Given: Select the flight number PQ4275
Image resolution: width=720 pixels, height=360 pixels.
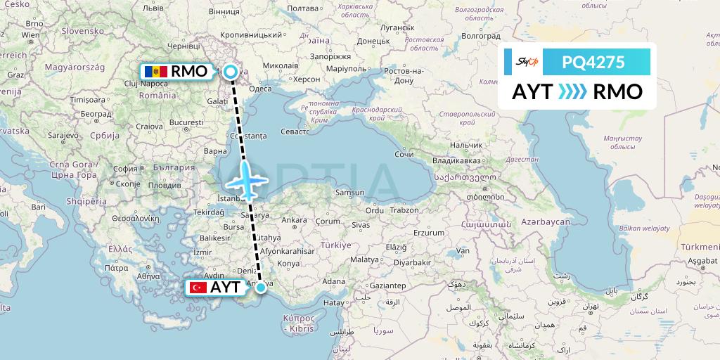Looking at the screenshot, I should (593, 62).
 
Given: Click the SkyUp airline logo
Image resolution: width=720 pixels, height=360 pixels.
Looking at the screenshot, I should (527, 62).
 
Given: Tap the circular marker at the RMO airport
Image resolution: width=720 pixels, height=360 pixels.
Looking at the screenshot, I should (230, 71).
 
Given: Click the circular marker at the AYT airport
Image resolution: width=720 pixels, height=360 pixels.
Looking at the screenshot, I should (261, 287).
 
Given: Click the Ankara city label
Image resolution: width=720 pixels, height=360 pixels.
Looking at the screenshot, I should (294, 220).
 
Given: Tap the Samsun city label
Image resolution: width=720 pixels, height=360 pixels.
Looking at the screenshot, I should (350, 193).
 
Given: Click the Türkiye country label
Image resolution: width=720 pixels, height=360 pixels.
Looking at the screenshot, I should (335, 245).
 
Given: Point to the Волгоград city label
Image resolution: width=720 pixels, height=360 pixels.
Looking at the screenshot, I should (481, 34).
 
